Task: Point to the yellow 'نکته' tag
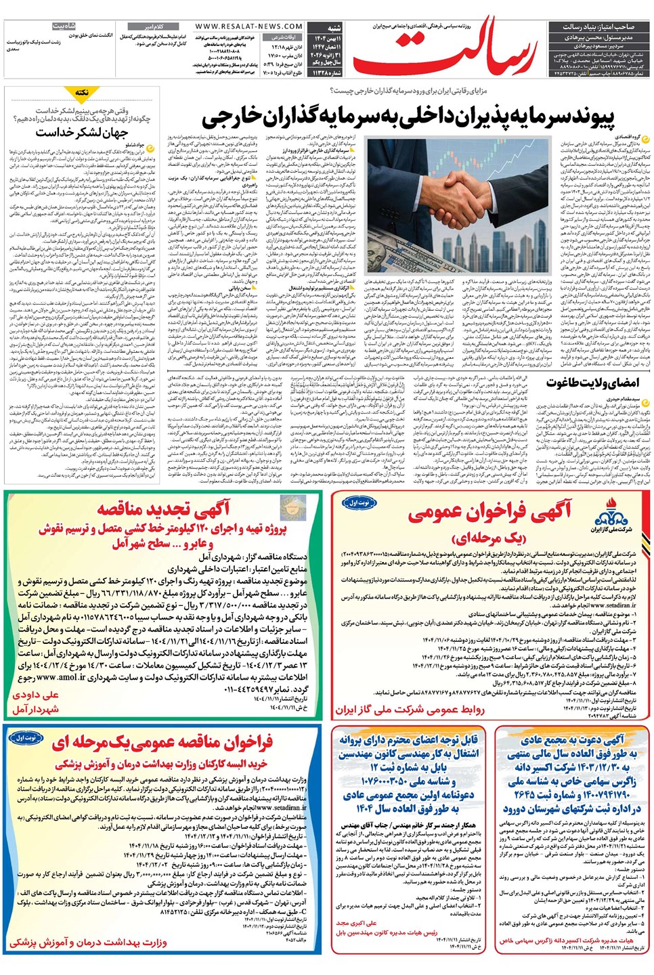point(83,93)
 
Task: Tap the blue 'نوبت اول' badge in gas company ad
point(358,503)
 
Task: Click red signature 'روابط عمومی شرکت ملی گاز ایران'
point(410,710)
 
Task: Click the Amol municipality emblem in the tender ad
point(291,507)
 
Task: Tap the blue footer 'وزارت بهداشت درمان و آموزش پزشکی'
point(88,942)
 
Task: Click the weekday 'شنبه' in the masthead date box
point(334,28)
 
